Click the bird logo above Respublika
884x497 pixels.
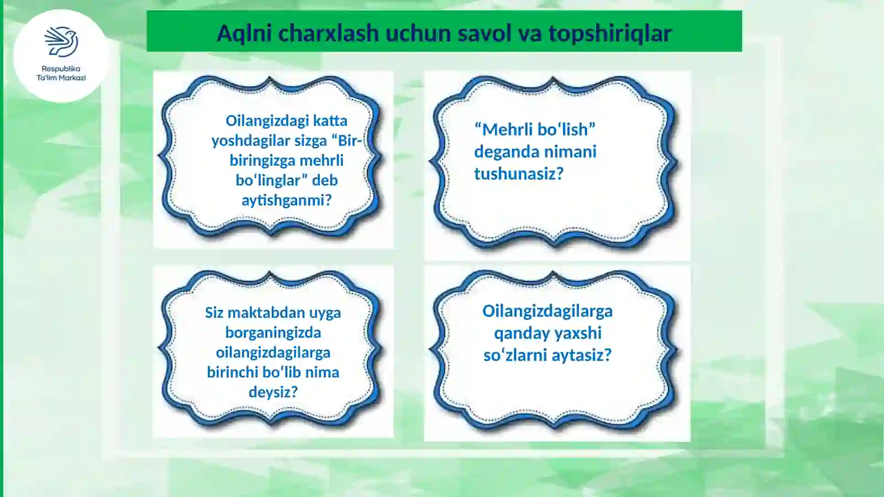pyautogui.click(x=61, y=41)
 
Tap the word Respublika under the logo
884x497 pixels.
pyautogui.click(x=61, y=69)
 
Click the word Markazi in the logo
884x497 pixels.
pyautogui.click(x=73, y=78)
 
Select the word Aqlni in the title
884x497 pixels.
pyautogui.click(x=244, y=33)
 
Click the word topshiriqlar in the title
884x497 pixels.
pyautogui.click(x=610, y=33)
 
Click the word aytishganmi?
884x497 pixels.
pyautogui.click(x=286, y=200)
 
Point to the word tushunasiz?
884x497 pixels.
pyautogui.click(x=519, y=174)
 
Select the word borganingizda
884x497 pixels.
pyautogui.click(x=273, y=332)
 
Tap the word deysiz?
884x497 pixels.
pyautogui.click(x=273, y=392)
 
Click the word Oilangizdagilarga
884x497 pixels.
pyautogui.click(x=547, y=311)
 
